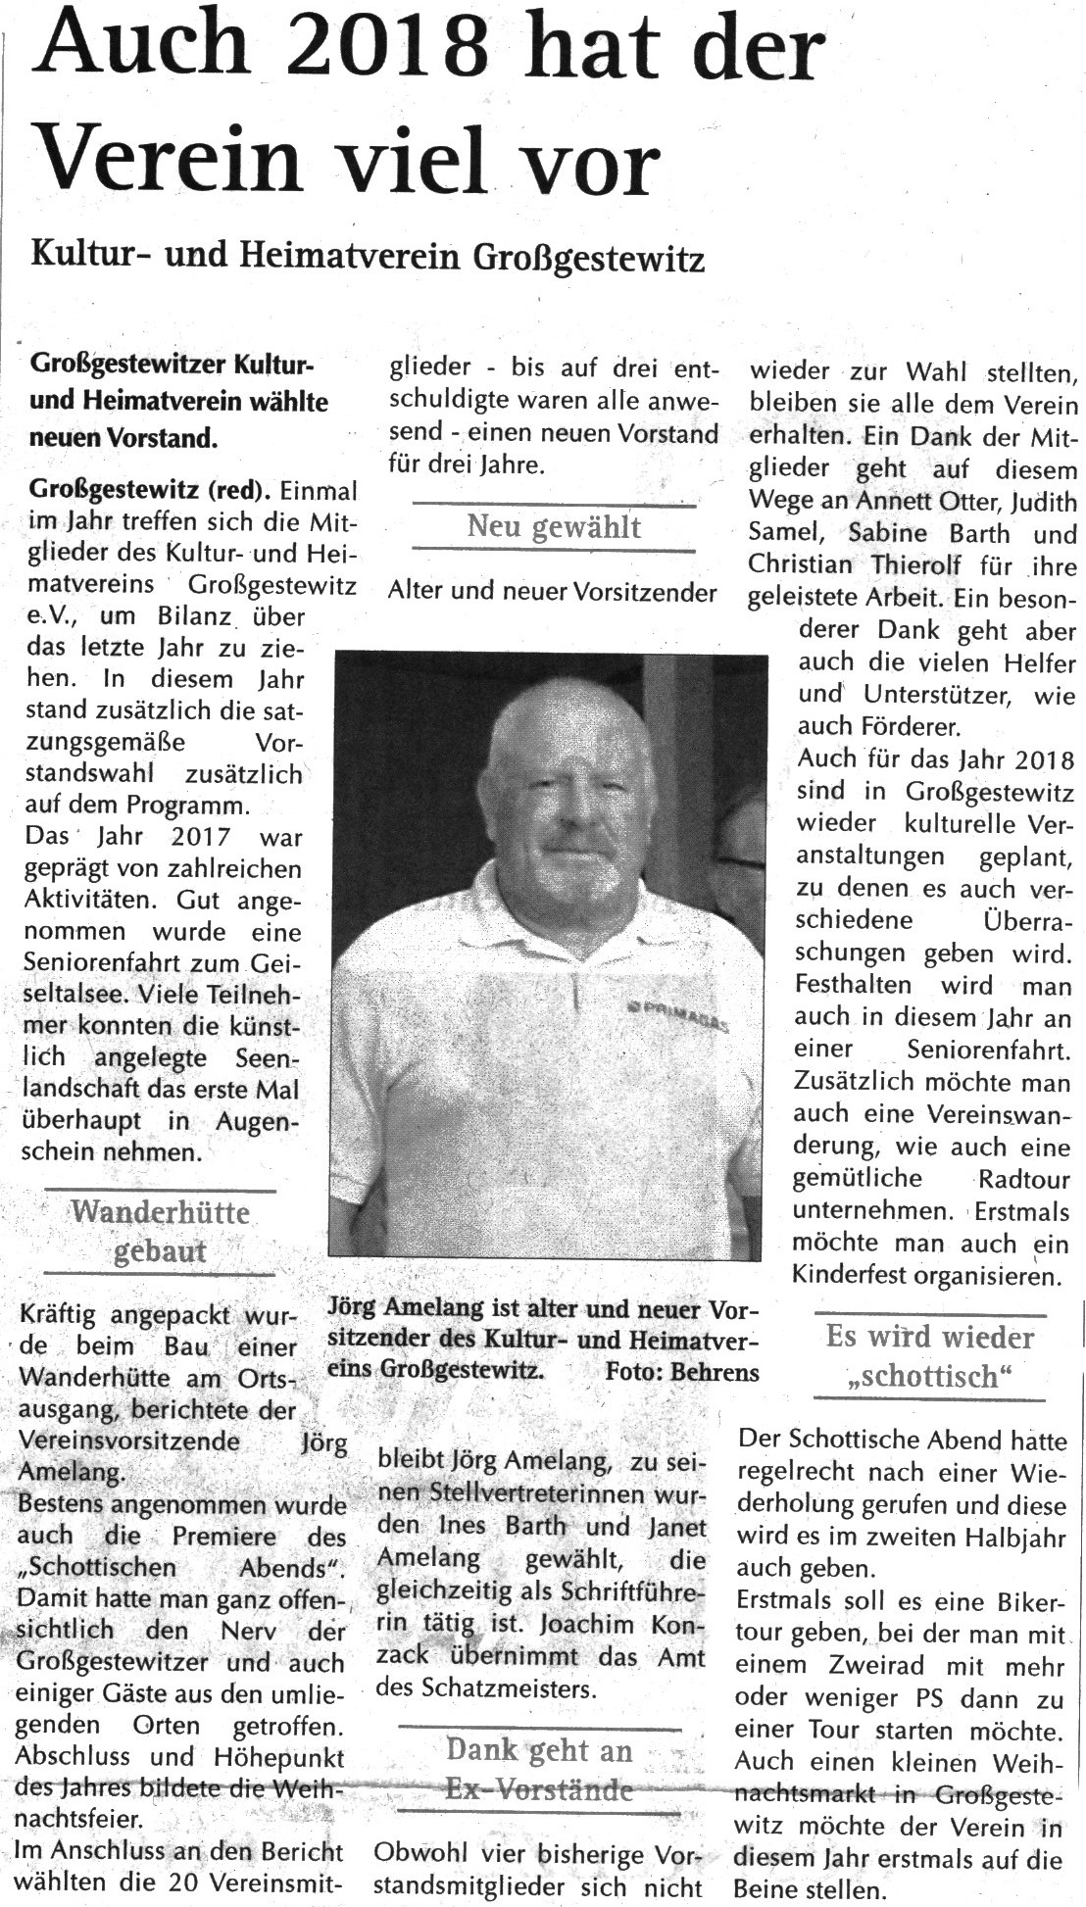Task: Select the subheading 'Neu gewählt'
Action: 554,527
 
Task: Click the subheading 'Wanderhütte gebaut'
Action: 161,1232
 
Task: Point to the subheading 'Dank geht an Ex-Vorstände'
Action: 539,1770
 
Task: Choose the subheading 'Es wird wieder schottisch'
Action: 929,1356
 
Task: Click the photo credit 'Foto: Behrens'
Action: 682,1372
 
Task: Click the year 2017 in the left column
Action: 200,837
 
